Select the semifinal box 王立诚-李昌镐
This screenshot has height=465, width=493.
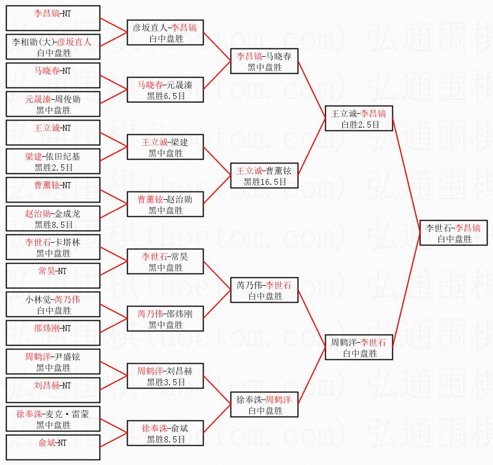[x=359, y=119]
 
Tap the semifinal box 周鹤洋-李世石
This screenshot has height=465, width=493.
[x=359, y=347]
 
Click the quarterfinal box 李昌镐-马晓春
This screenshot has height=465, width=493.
[x=265, y=62]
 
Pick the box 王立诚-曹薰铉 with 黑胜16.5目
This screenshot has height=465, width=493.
[x=265, y=176]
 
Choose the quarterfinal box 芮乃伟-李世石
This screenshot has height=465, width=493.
[x=265, y=290]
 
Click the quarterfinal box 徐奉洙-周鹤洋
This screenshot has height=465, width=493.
[x=265, y=404]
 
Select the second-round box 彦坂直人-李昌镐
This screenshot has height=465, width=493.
[x=165, y=32]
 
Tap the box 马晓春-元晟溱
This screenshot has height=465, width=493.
[x=165, y=90]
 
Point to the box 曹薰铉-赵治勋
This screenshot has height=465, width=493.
[x=165, y=204]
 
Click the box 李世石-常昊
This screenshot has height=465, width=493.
[x=165, y=261]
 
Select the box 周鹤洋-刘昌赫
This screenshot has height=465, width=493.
[x=165, y=376]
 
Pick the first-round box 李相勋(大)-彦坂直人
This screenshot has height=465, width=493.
[x=53, y=47]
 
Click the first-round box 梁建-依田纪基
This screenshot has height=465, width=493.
[x=53, y=161]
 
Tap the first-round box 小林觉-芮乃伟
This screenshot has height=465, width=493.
[x=53, y=304]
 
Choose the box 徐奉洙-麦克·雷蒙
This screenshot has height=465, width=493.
[x=53, y=419]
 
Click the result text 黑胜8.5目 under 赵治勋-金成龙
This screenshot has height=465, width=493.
[x=53, y=225]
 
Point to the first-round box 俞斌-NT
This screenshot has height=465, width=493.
[x=53, y=447]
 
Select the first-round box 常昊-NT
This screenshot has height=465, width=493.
[x=53, y=276]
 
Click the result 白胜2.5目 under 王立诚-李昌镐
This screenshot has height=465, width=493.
[x=359, y=125]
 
